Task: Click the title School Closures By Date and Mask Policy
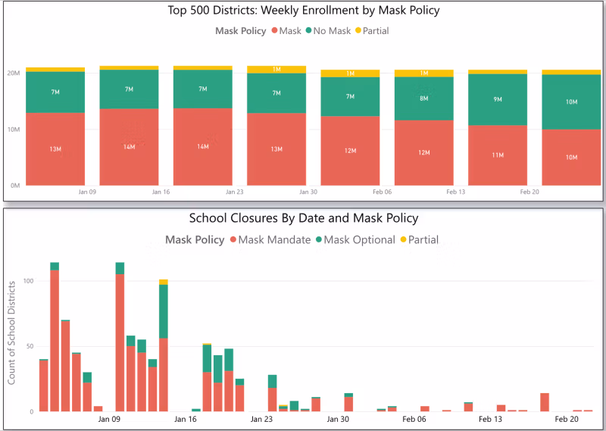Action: coord(302,218)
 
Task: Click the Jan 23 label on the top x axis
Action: coord(234,193)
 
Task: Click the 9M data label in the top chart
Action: coord(497,99)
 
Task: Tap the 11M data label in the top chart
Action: coord(497,155)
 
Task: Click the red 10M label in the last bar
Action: coord(571,158)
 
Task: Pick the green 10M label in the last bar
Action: coord(571,102)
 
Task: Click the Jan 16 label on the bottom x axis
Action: coord(186,419)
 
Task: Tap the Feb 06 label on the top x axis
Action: coord(383,193)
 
